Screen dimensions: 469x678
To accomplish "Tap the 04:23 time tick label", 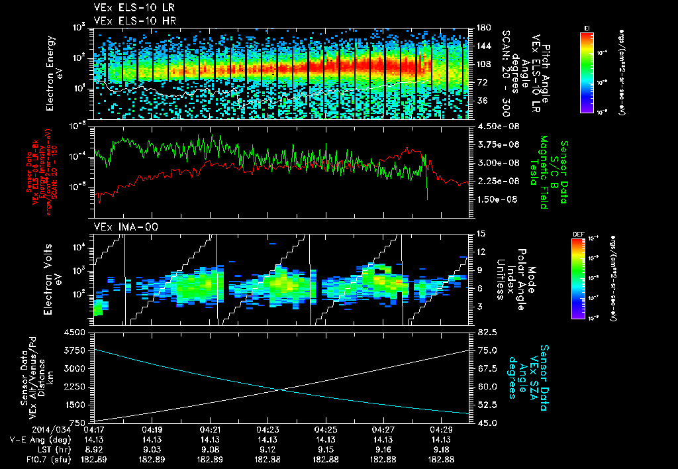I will point(267,430).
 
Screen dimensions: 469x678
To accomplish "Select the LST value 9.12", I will point(267,449).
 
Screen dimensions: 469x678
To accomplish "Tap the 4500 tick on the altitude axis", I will point(75,333).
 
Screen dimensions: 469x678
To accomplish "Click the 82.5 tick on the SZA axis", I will point(479,333).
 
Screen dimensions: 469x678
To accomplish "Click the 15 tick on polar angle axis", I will point(477,234).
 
